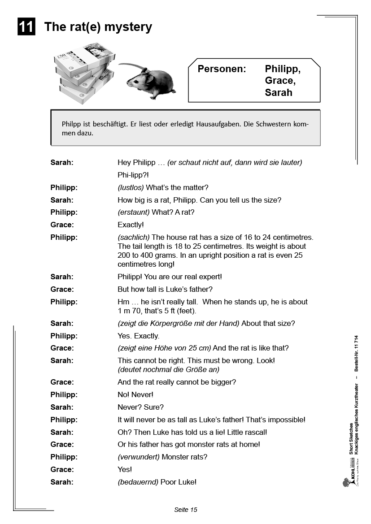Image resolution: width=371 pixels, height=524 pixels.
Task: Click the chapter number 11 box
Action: (26, 27)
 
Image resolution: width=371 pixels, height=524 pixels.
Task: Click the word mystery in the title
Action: (129, 27)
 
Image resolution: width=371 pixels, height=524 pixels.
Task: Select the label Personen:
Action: (222, 69)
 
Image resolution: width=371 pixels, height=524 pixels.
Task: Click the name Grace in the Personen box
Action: (280, 81)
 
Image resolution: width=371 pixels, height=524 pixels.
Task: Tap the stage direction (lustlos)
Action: (131, 187)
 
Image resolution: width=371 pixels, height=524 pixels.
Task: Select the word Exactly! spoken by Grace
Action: (131, 225)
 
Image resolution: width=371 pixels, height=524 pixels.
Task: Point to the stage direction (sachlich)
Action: (134, 237)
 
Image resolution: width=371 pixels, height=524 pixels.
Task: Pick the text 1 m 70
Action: (130, 311)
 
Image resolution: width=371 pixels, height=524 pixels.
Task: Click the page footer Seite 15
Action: (185, 509)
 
